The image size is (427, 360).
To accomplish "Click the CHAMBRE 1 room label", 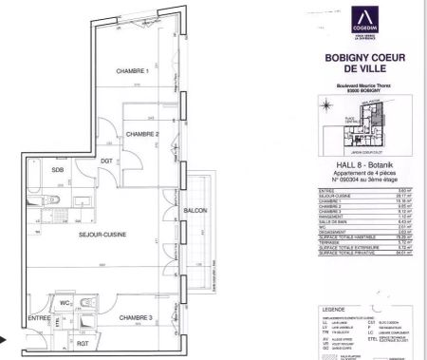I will click(134, 72).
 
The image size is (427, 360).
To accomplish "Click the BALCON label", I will click(195, 209).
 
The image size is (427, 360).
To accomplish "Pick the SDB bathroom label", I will click(58, 170).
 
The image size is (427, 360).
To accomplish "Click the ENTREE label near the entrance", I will click(39, 317).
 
